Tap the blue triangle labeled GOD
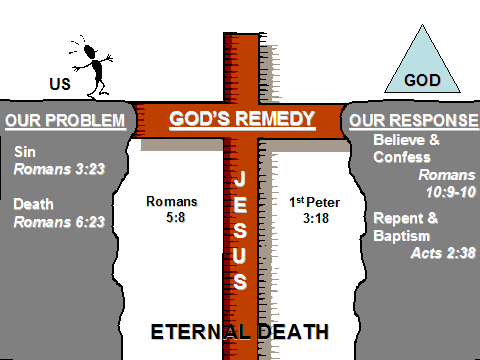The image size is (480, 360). click(421, 60)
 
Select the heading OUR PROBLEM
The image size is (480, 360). click(65, 122)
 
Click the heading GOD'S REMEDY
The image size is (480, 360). click(241, 119)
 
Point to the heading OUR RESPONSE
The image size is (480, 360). click(414, 122)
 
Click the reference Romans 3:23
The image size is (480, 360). click(56, 170)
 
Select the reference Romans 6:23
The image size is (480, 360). click(56, 222)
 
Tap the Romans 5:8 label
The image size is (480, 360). click(171, 209)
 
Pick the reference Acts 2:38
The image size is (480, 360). click(440, 254)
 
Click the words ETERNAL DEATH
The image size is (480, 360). click(240, 331)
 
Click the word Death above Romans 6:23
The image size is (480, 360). click(34, 204)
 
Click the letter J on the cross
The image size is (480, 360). click(241, 181)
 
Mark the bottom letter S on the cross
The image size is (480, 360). click(241, 281)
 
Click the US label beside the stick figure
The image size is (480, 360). click(59, 83)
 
